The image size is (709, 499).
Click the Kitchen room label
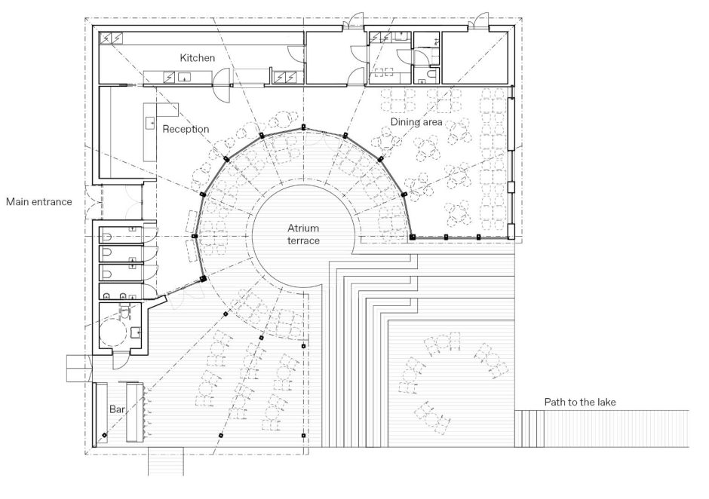(x=197, y=58)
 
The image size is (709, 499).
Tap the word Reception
(x=186, y=129)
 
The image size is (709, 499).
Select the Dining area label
(x=416, y=121)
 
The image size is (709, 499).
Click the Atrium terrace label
(x=303, y=234)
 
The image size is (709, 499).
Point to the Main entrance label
(x=39, y=201)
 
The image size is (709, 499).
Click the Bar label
(x=117, y=409)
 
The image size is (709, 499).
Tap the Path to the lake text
(x=580, y=402)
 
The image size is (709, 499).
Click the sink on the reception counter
(x=149, y=122)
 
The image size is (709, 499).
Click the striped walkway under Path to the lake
(x=602, y=428)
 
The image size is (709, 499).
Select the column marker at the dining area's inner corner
(x=412, y=237)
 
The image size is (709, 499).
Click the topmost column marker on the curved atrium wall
(x=303, y=127)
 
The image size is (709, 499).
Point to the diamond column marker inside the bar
(x=104, y=435)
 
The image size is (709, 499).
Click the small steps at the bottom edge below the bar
(x=166, y=461)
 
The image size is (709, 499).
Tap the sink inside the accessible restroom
(x=135, y=332)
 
